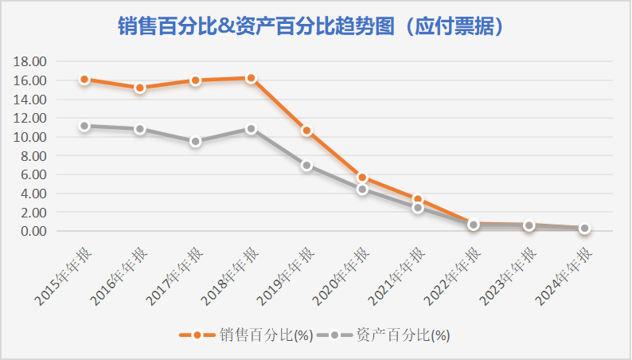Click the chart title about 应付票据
[x=316, y=26]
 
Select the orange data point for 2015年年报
[x=84, y=80]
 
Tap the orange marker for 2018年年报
[x=251, y=78]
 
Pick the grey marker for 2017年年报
[x=195, y=141]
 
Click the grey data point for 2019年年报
[x=306, y=166]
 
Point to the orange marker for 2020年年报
[x=362, y=178]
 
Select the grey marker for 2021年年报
[x=418, y=208]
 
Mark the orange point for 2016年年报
[x=140, y=88]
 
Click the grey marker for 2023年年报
[x=529, y=226]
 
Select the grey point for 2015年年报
[x=84, y=126]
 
